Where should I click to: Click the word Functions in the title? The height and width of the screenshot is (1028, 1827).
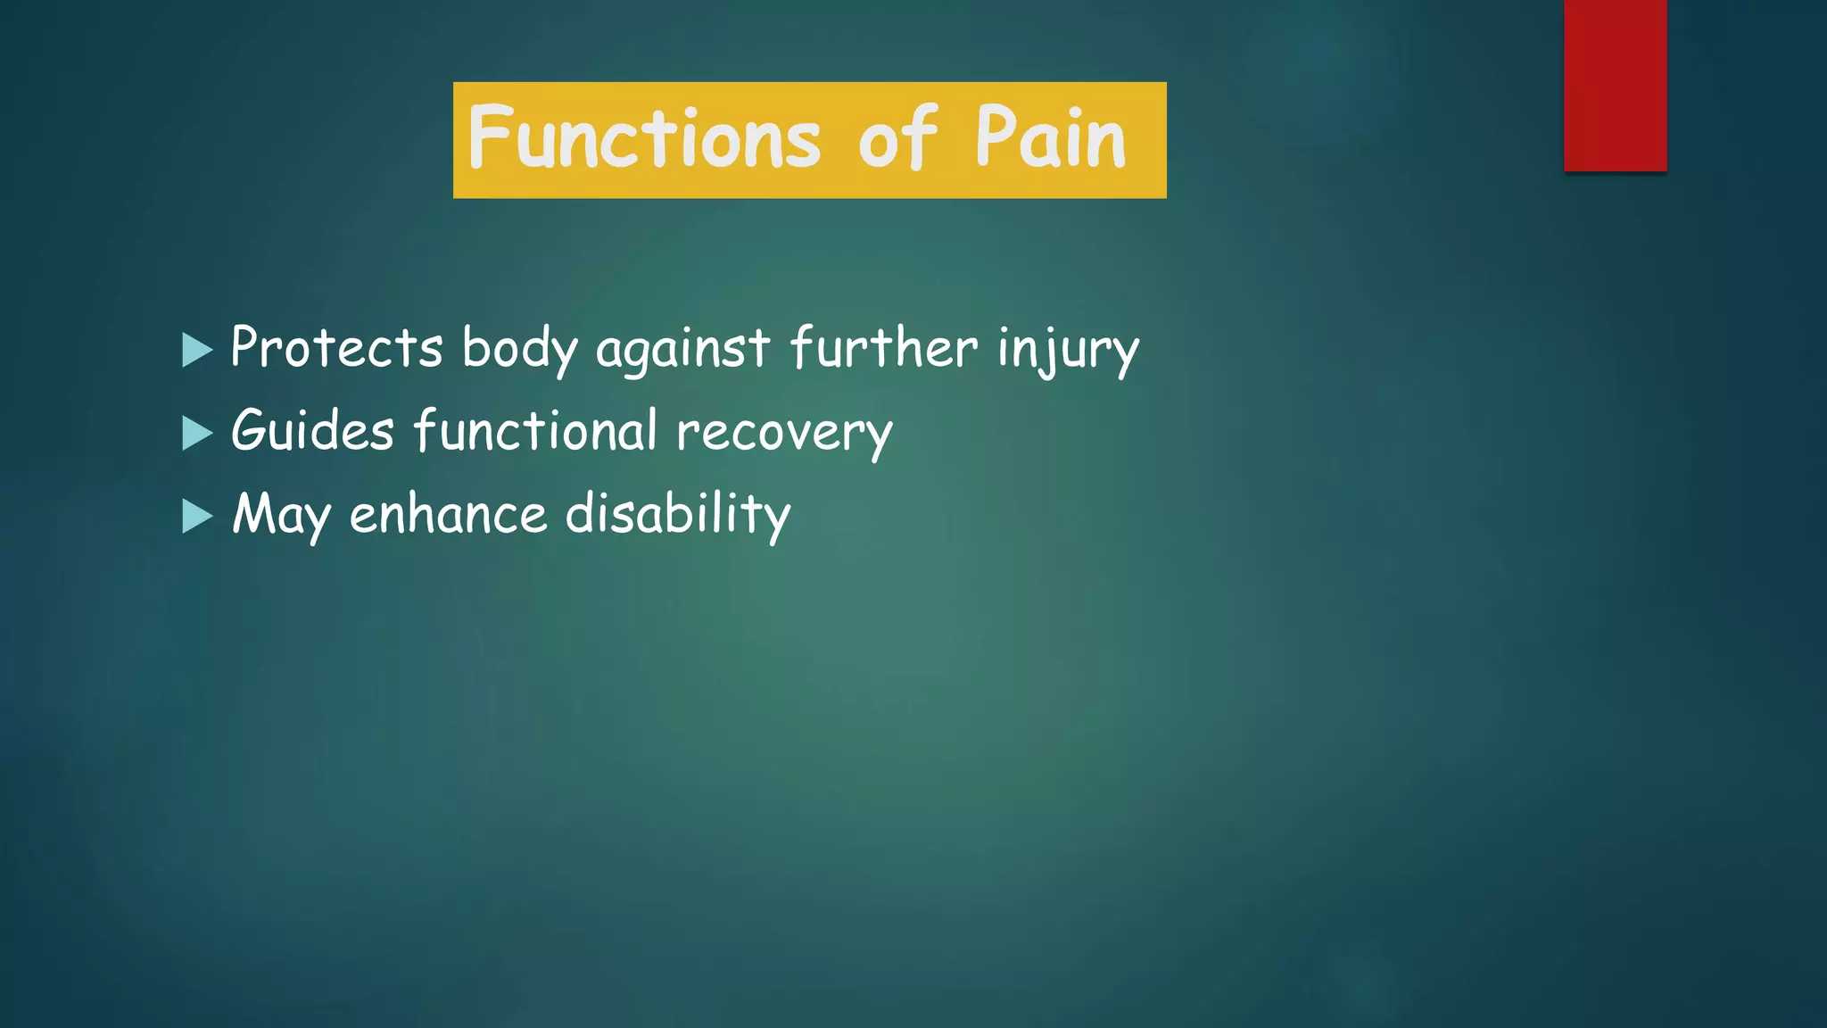point(643,138)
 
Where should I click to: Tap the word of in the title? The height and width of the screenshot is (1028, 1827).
point(897,138)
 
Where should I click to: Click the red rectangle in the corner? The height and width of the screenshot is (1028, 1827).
point(1615,85)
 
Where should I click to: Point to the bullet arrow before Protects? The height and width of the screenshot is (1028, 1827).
point(196,350)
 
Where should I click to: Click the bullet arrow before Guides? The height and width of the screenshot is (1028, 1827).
point(196,433)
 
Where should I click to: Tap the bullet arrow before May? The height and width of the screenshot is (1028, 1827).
point(196,516)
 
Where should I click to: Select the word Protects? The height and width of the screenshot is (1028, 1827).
point(336,347)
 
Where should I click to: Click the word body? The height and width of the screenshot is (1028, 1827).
point(520,349)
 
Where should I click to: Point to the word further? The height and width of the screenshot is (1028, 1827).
point(883,347)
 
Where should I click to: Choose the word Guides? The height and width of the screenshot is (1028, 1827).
point(312,431)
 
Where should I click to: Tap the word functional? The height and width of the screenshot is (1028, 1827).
point(535,430)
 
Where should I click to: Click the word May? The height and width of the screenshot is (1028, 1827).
point(281,516)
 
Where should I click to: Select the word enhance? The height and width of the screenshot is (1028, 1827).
point(448,515)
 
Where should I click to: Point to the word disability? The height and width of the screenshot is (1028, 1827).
point(678,515)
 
